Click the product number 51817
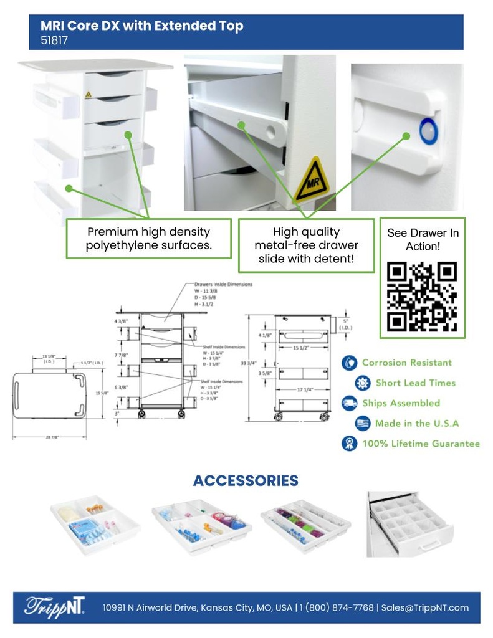click(x=54, y=41)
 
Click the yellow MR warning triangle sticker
click(x=311, y=181)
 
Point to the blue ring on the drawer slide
click(x=428, y=131)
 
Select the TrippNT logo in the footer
click(x=54, y=607)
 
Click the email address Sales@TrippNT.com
click(x=425, y=607)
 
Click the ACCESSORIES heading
click(x=246, y=480)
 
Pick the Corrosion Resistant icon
click(x=349, y=363)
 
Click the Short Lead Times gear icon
click(x=363, y=383)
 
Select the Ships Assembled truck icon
click(x=349, y=403)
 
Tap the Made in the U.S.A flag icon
click(x=363, y=424)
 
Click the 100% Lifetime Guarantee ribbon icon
click(x=349, y=444)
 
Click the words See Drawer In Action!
click(x=423, y=239)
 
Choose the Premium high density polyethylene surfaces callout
click(x=149, y=239)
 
